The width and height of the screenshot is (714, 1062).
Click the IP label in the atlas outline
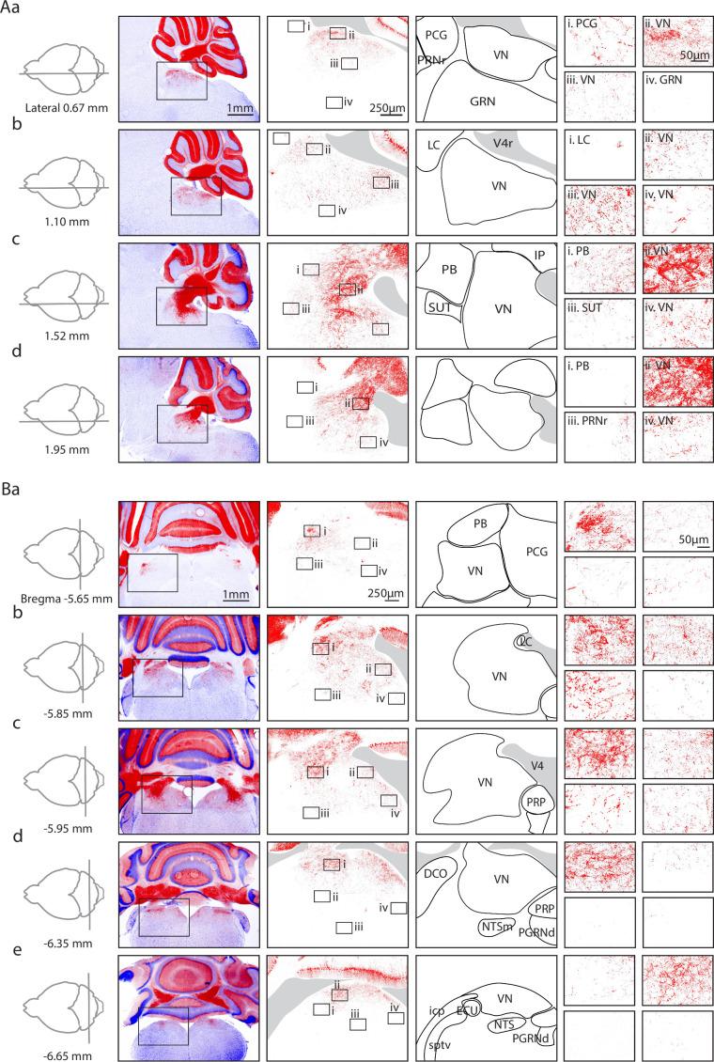click(552, 256)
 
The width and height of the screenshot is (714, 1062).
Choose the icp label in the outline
click(437, 1011)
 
